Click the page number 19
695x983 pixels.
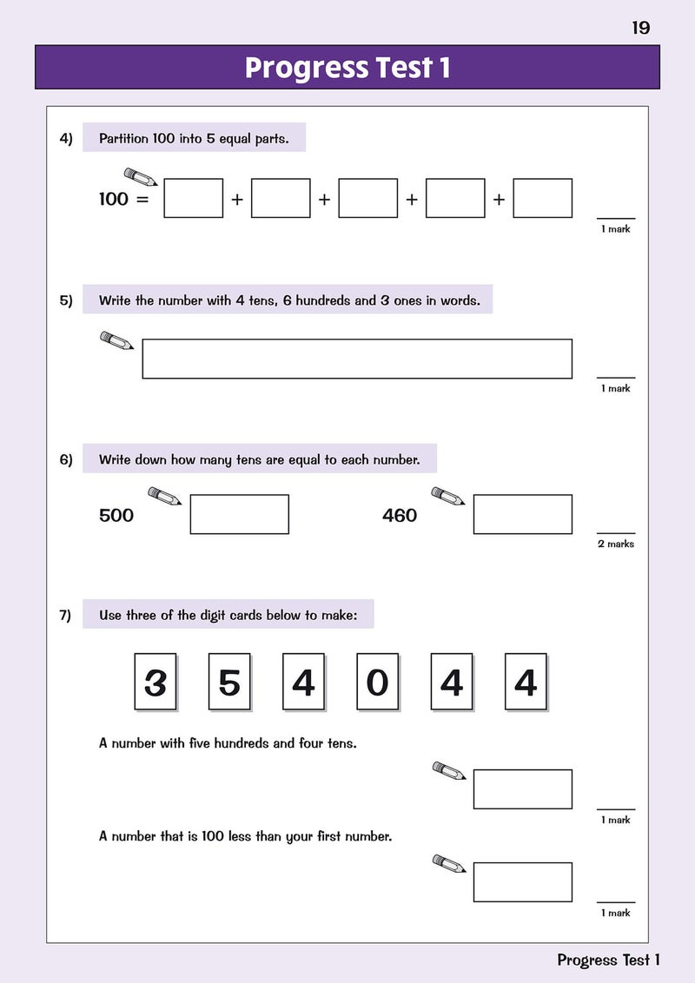tap(640, 28)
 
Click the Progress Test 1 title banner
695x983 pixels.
tap(347, 68)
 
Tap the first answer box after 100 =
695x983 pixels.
tap(193, 198)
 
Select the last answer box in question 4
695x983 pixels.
tap(542, 198)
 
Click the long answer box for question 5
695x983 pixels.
tap(357, 359)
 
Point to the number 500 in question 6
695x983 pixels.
tap(116, 515)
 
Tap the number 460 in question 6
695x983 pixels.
tap(400, 515)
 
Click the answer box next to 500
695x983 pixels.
tap(239, 514)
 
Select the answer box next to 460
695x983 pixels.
tap(522, 514)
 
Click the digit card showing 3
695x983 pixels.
tap(155, 683)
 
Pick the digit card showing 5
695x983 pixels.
tap(229, 683)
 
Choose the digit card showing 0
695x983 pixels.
tap(377, 683)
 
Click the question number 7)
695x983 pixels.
tap(66, 616)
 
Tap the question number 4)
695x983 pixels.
tap(66, 138)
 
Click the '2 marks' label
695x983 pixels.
tap(615, 544)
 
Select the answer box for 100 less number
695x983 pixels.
tap(522, 882)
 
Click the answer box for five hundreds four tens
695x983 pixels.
tap(522, 788)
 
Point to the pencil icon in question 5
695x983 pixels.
tap(116, 340)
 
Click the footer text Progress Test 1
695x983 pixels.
tap(608, 960)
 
